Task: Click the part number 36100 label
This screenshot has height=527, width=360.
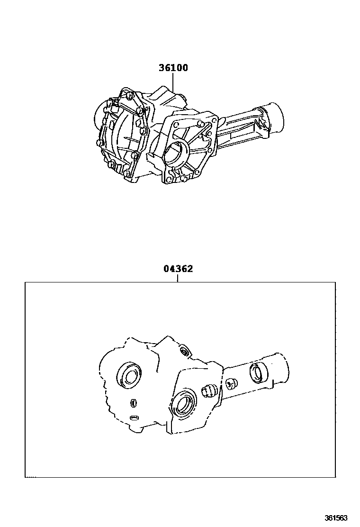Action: tap(173, 68)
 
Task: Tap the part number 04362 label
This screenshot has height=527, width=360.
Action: tap(178, 269)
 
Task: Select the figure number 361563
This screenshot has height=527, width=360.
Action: tap(336, 518)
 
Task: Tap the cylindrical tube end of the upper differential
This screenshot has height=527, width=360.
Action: tap(276, 118)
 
